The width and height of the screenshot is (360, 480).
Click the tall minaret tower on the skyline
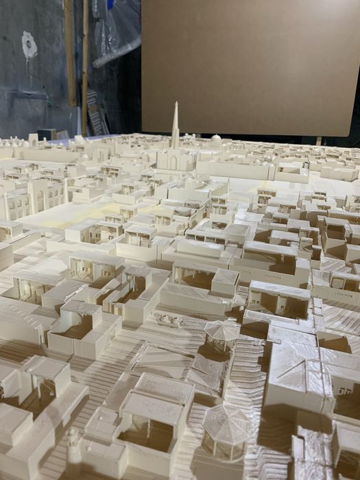pos(176,130)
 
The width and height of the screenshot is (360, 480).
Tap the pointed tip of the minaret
pos(176,104)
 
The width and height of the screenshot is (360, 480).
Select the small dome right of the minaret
pos(216,138)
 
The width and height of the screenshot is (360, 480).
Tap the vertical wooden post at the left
pos(70,51)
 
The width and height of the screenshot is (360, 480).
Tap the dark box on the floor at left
pos(47,134)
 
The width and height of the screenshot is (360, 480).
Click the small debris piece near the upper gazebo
pos(169,320)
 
